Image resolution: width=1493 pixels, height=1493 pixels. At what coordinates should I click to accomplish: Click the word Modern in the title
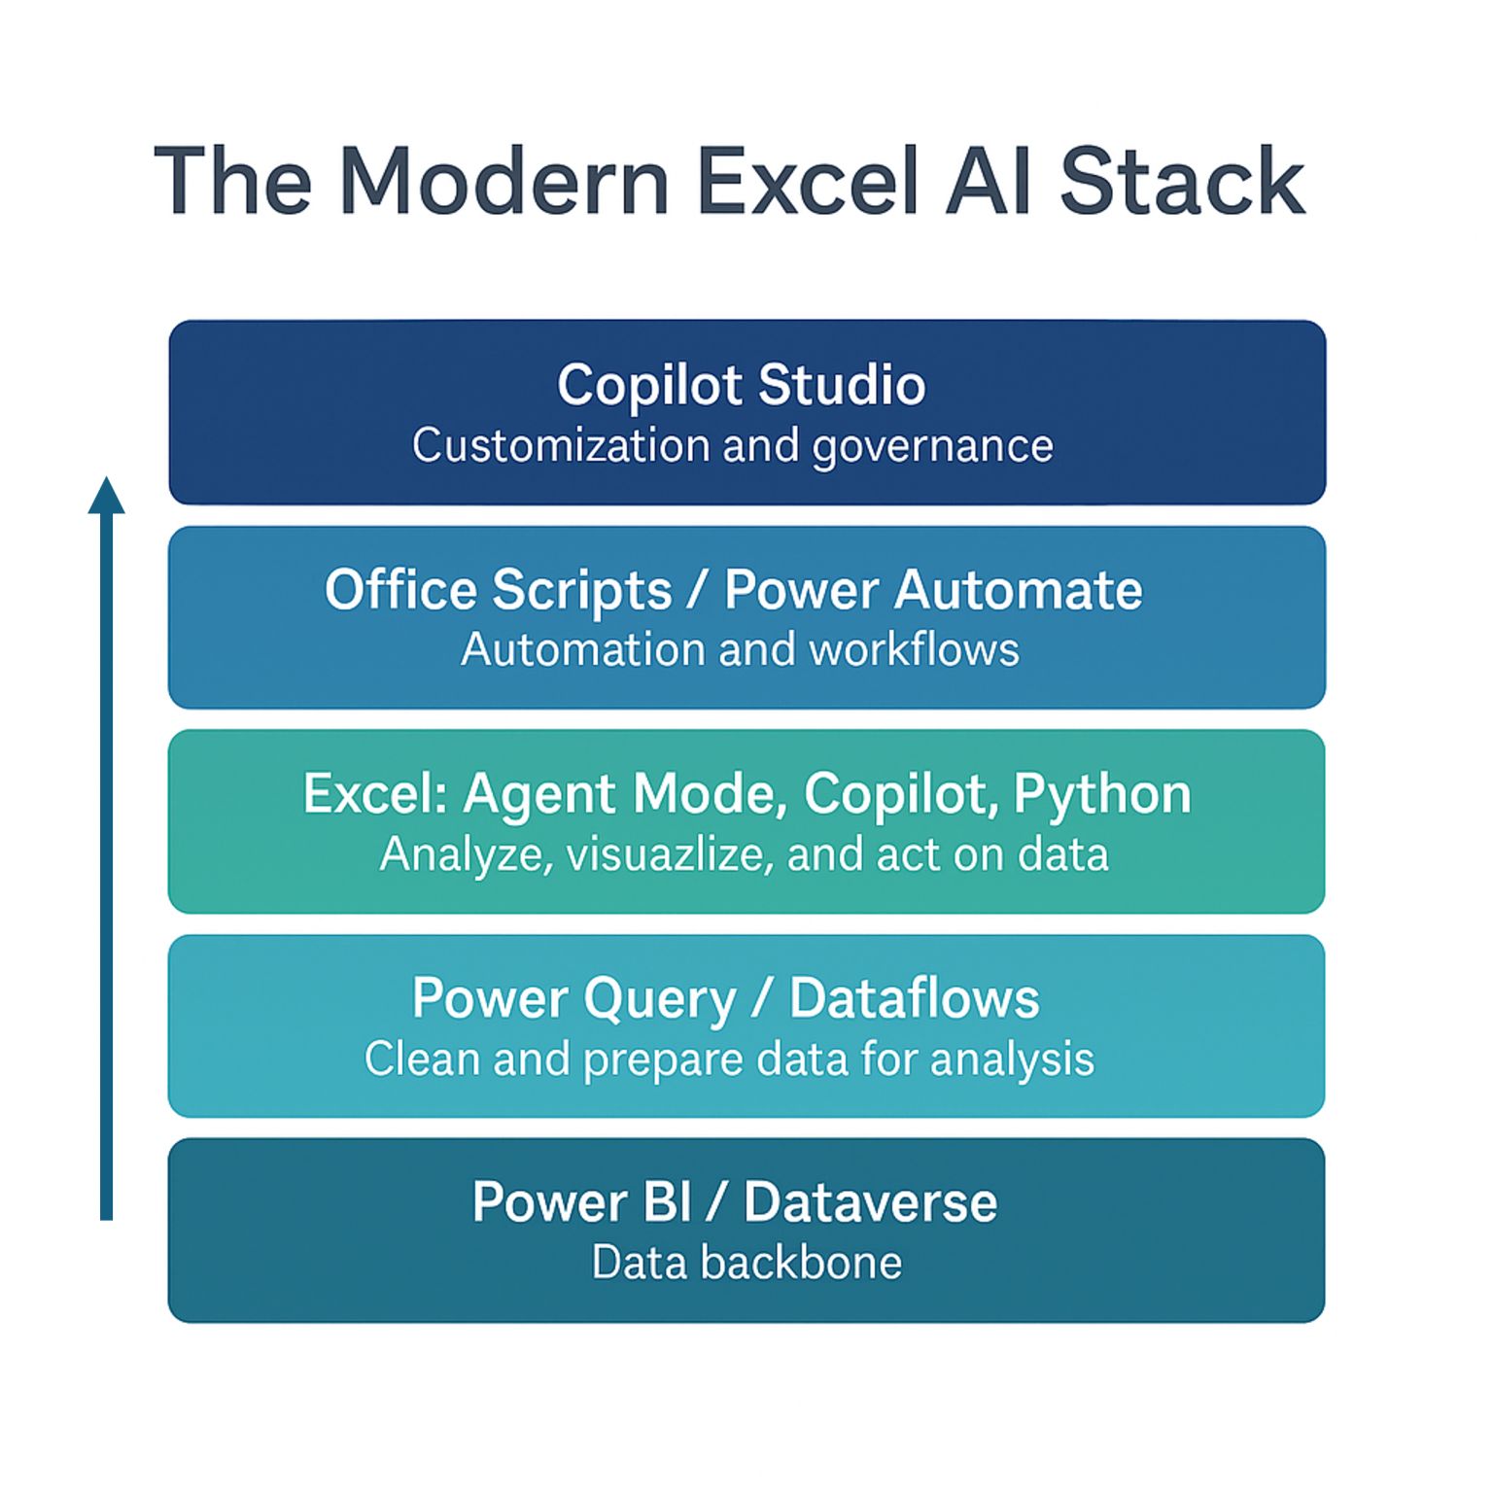point(504,182)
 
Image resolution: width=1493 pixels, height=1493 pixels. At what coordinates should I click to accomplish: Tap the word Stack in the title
point(1181,182)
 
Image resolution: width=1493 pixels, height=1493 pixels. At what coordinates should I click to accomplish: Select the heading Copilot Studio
point(741,385)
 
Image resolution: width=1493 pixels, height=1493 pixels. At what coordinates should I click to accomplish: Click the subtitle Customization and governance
point(732,446)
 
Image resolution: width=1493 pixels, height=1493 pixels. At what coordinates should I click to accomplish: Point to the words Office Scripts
point(498,590)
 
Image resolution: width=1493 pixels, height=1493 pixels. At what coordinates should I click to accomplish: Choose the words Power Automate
point(933,590)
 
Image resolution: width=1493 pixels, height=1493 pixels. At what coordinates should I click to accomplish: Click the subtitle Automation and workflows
point(740,649)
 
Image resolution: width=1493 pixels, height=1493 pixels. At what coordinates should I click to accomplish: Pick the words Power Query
point(574,999)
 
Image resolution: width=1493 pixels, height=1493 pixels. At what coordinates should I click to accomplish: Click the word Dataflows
point(914,998)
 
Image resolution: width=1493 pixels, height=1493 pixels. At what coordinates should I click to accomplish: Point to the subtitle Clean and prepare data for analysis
point(729,1059)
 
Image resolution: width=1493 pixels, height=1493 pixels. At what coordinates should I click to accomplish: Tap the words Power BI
point(581,1202)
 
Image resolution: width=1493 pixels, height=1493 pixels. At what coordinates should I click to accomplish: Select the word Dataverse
point(870,1202)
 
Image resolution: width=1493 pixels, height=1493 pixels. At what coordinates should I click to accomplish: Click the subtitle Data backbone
point(746,1263)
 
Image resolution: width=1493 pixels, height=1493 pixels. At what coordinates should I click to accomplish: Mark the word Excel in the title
point(808,182)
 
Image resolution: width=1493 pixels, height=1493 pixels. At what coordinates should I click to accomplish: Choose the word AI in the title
point(989,182)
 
